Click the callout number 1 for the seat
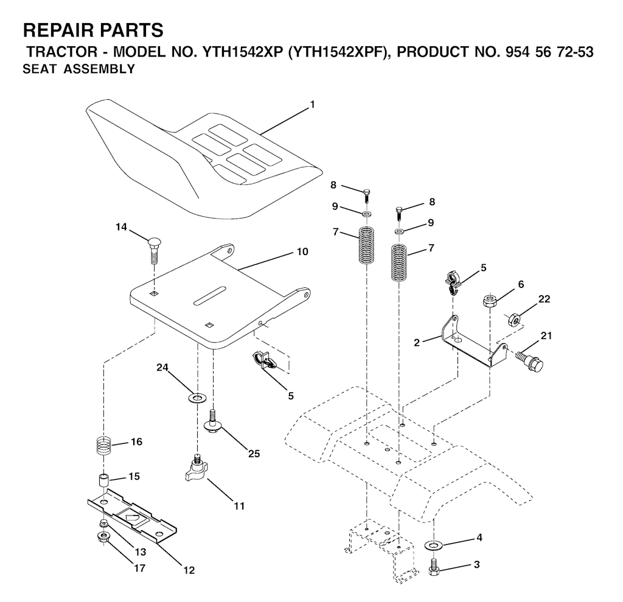click(312, 105)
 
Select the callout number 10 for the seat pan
click(302, 251)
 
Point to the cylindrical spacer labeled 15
click(104, 480)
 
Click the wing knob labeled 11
click(197, 469)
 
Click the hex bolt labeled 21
click(530, 359)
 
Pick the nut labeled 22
click(514, 319)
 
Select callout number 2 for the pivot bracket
click(416, 342)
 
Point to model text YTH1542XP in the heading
click(242, 52)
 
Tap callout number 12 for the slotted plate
click(189, 570)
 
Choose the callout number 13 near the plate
click(141, 552)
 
